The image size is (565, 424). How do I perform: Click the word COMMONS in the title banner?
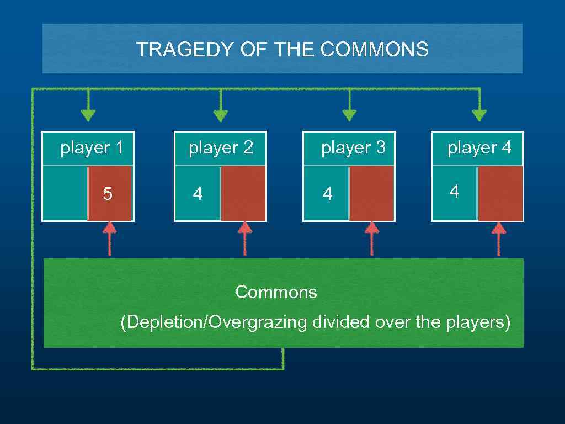(374, 50)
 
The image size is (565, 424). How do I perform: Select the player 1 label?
(92, 148)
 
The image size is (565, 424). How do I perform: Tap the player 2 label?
(221, 148)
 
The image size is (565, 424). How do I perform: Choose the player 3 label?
(353, 148)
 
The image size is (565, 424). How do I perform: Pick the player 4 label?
(479, 148)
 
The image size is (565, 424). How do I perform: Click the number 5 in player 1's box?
(108, 194)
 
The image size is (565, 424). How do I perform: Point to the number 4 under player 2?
(198, 194)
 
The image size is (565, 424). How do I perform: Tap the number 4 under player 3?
(328, 194)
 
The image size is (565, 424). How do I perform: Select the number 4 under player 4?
(454, 192)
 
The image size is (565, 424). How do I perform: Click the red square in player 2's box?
(243, 193)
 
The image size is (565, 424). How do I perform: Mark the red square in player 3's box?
(372, 193)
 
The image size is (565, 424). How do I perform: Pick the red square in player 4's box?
(500, 193)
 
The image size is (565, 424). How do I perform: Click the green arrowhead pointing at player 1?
(88, 115)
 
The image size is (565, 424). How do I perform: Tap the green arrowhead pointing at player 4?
(479, 115)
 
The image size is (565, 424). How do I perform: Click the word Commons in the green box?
(276, 291)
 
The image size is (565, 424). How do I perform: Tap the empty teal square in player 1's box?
(65, 193)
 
